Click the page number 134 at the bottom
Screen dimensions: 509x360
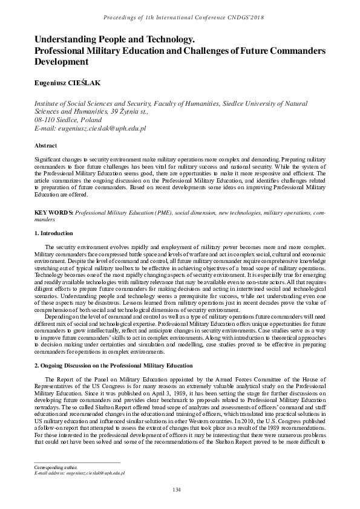coord(177,489)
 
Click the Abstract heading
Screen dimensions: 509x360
coord(46,146)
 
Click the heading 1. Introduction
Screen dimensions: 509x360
coord(54,233)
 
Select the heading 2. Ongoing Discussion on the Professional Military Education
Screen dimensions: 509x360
coord(113,366)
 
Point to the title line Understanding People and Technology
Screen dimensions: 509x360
coord(115,39)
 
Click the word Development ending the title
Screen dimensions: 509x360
coord(62,62)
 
